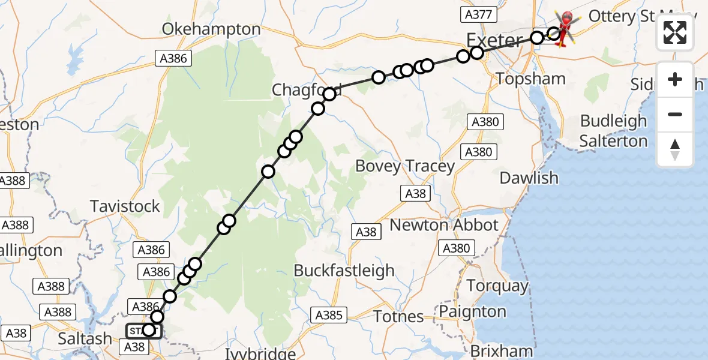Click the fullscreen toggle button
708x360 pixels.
point(675,32)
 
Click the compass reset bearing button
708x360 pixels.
point(675,149)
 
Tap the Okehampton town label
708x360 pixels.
point(211,29)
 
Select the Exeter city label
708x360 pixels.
point(494,41)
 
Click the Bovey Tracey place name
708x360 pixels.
point(405,166)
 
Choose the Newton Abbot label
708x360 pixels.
point(444,225)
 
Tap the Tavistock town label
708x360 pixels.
point(125,206)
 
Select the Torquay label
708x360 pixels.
point(497,286)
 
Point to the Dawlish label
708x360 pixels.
point(529,178)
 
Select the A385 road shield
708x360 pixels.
point(328,314)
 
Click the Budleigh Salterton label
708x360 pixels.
point(613,131)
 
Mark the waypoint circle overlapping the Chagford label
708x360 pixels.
point(329,94)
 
